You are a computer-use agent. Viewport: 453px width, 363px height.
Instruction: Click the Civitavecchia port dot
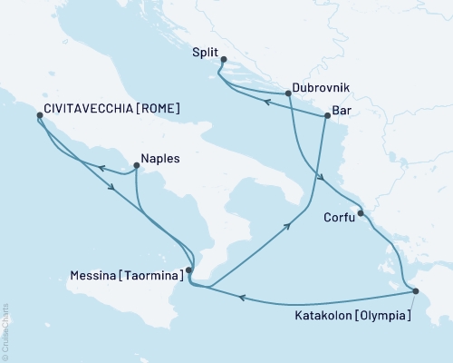click(x=39, y=116)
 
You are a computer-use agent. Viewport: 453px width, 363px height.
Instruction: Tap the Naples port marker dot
click(x=135, y=165)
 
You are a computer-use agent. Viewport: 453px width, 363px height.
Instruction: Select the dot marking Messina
click(x=188, y=270)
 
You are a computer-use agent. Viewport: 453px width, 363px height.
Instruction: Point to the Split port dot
click(x=224, y=61)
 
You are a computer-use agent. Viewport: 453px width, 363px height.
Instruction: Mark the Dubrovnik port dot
click(x=287, y=93)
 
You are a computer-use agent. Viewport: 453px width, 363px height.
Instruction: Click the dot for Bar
click(x=326, y=116)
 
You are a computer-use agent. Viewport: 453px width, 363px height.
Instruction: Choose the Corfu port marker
click(x=361, y=213)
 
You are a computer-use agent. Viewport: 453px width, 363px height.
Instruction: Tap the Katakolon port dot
click(x=415, y=291)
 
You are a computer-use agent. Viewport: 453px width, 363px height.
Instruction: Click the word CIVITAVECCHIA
click(x=90, y=108)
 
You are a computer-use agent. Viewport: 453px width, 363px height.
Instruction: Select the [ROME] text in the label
click(x=159, y=108)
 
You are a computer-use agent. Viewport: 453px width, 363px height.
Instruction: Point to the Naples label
click(x=160, y=158)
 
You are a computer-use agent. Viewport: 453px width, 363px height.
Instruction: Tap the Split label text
click(x=206, y=53)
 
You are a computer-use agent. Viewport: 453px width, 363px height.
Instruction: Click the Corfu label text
click(x=338, y=218)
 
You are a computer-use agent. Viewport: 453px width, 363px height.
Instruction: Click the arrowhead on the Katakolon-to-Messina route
click(x=242, y=297)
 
